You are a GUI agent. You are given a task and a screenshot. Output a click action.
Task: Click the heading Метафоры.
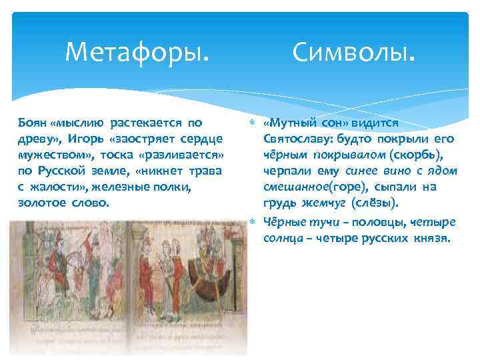[x=137, y=51]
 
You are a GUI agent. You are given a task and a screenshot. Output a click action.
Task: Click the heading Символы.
[x=353, y=51]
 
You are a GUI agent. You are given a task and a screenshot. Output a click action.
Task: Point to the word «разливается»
[x=193, y=155]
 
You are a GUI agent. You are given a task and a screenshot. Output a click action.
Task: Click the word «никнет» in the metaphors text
[x=150, y=171]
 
